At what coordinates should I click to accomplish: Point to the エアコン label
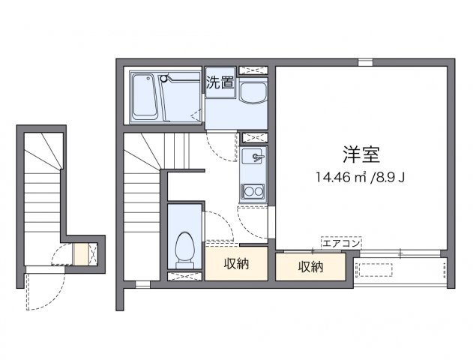point(342,242)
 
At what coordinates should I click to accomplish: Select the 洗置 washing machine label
point(220,83)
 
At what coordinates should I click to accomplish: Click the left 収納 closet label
point(237,263)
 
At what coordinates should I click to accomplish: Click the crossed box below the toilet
point(184,276)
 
